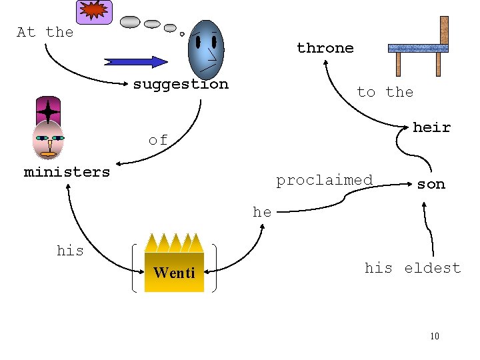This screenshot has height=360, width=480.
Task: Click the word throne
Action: [325, 48]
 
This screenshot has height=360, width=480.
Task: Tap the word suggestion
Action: [180, 84]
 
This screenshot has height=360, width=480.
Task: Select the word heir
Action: [431, 127]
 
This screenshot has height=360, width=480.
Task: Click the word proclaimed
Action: [324, 180]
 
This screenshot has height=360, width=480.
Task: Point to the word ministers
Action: [67, 172]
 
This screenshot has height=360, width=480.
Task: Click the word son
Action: [431, 184]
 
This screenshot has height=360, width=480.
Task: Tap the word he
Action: [262, 212]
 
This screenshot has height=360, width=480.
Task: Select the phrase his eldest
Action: [412, 268]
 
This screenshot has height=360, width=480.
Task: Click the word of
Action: [158, 140]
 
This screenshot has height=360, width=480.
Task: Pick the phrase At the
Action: [45, 32]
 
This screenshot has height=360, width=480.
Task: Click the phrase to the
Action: [385, 92]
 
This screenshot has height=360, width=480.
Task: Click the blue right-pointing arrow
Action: [136, 62]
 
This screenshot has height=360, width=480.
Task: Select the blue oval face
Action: [206, 49]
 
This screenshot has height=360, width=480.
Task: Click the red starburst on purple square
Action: [94, 11]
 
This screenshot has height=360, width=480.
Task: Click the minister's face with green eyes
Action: [48, 140]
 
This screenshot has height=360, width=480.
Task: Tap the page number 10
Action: [435, 336]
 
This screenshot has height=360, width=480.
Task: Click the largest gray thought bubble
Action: [130, 22]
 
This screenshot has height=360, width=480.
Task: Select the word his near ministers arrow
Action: [70, 251]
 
